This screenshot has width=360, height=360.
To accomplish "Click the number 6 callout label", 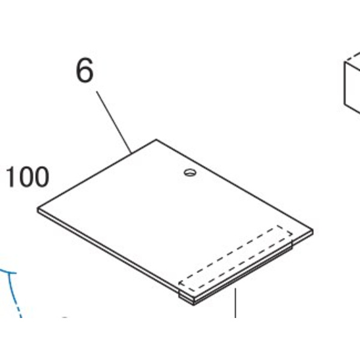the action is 85,70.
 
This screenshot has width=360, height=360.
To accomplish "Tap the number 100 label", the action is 28,177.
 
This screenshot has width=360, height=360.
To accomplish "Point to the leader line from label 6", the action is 114,122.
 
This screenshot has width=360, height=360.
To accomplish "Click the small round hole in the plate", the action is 190,172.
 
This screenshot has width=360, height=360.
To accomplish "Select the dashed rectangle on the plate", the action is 236,258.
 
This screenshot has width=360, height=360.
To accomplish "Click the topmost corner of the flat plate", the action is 157,139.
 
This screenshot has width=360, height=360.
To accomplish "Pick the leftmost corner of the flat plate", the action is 38,208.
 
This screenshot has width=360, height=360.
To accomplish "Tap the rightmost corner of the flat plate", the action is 313,230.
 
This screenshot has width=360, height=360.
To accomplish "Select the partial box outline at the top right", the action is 352,83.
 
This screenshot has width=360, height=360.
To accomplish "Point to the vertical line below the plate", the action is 235,303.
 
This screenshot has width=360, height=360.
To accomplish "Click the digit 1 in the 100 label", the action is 11,177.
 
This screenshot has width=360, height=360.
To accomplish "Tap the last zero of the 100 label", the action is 41,177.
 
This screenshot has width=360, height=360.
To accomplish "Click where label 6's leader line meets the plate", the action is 131,153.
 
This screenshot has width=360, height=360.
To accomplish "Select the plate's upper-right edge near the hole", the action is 235,185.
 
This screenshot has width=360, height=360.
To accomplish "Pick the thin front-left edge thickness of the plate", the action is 109,251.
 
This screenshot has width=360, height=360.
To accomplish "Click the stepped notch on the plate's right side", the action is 292,244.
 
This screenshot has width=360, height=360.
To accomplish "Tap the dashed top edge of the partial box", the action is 352,57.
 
